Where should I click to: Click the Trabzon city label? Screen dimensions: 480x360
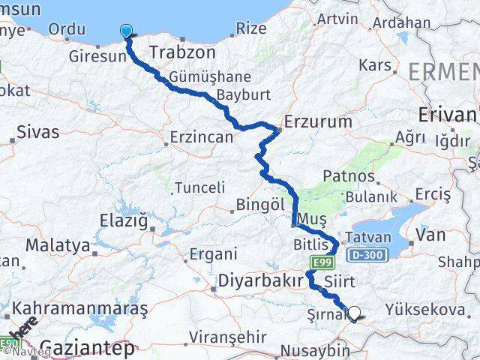pyautogui.click(x=182, y=52)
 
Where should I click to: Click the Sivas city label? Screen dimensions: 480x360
pyautogui.click(x=37, y=133)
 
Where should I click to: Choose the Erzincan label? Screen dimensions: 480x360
pyautogui.click(x=200, y=138)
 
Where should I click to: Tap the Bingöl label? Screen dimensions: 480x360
pyautogui.click(x=259, y=204)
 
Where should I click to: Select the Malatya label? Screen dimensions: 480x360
pyautogui.click(x=58, y=245)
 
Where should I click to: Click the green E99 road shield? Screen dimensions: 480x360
pyautogui.click(x=322, y=260)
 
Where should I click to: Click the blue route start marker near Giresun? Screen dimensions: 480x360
pyautogui.click(x=126, y=31)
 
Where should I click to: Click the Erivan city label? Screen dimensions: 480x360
pyautogui.click(x=448, y=115)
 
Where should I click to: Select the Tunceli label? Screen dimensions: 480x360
pyautogui.click(x=199, y=187)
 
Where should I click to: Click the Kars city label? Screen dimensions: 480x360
pyautogui.click(x=375, y=65)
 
